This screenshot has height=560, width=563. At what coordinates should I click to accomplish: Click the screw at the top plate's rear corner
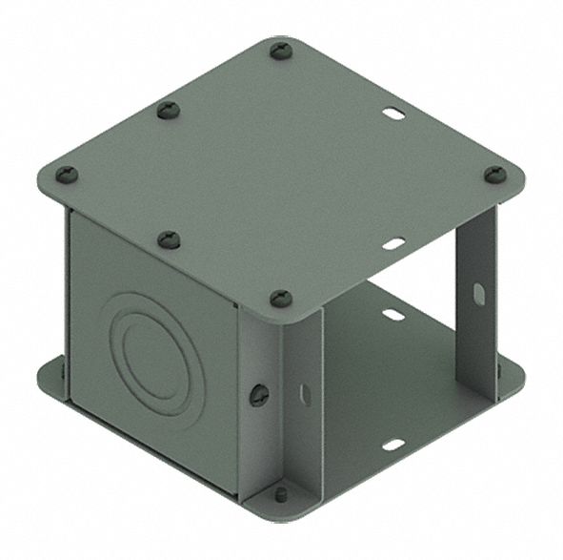[280, 50]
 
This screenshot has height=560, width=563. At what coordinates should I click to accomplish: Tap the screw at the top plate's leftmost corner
[67, 175]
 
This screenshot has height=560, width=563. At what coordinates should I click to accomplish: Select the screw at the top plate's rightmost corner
[494, 175]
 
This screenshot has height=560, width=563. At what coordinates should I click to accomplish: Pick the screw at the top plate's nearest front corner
[280, 299]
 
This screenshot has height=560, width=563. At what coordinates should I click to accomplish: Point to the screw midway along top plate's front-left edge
[169, 239]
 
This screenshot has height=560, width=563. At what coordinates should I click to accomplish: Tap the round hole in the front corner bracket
[258, 393]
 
